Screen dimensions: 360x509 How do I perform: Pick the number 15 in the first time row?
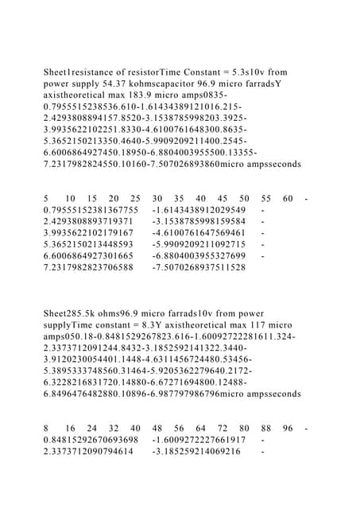click(92, 199)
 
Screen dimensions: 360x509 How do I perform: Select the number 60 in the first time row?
click(287, 199)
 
